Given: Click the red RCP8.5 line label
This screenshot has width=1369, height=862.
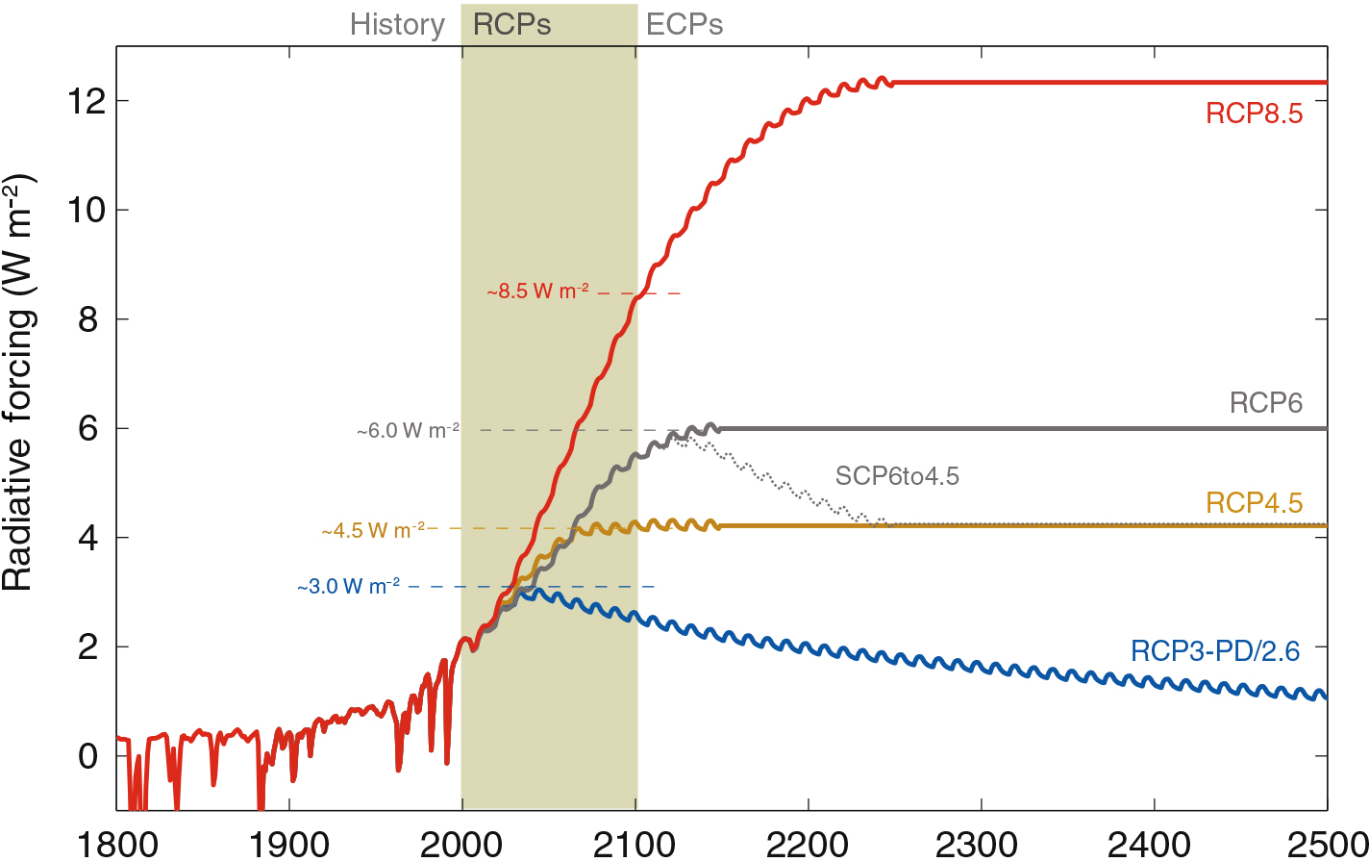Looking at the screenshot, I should tap(1254, 114).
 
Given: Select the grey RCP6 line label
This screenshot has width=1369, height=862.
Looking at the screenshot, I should tap(1266, 403).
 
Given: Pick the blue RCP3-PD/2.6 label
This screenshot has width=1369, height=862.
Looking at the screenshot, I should tap(1215, 651).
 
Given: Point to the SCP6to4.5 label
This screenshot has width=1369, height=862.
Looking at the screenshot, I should tap(897, 475).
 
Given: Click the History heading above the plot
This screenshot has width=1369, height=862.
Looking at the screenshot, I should tap(397, 25).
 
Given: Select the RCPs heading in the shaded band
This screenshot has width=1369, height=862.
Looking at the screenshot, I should tap(512, 25).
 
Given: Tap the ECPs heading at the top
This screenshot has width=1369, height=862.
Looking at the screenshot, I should tap(684, 25).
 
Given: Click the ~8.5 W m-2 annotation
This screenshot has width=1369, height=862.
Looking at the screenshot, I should tap(537, 292).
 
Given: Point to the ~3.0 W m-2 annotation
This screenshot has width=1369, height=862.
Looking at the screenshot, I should tap(349, 586).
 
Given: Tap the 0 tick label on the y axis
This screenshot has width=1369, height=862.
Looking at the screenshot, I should tap(89, 756).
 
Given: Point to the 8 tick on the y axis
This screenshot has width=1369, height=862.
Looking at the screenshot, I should tap(89, 319).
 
